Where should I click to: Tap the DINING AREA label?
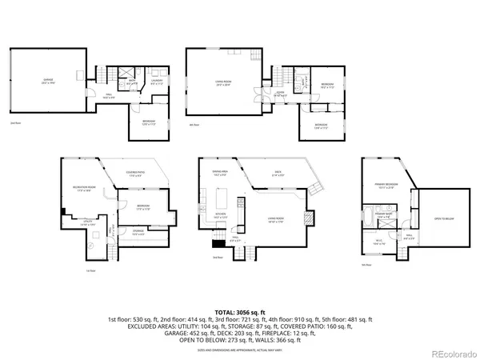pyautogui.click(x=220, y=174)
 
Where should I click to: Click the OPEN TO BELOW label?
pyautogui.click(x=445, y=218)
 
